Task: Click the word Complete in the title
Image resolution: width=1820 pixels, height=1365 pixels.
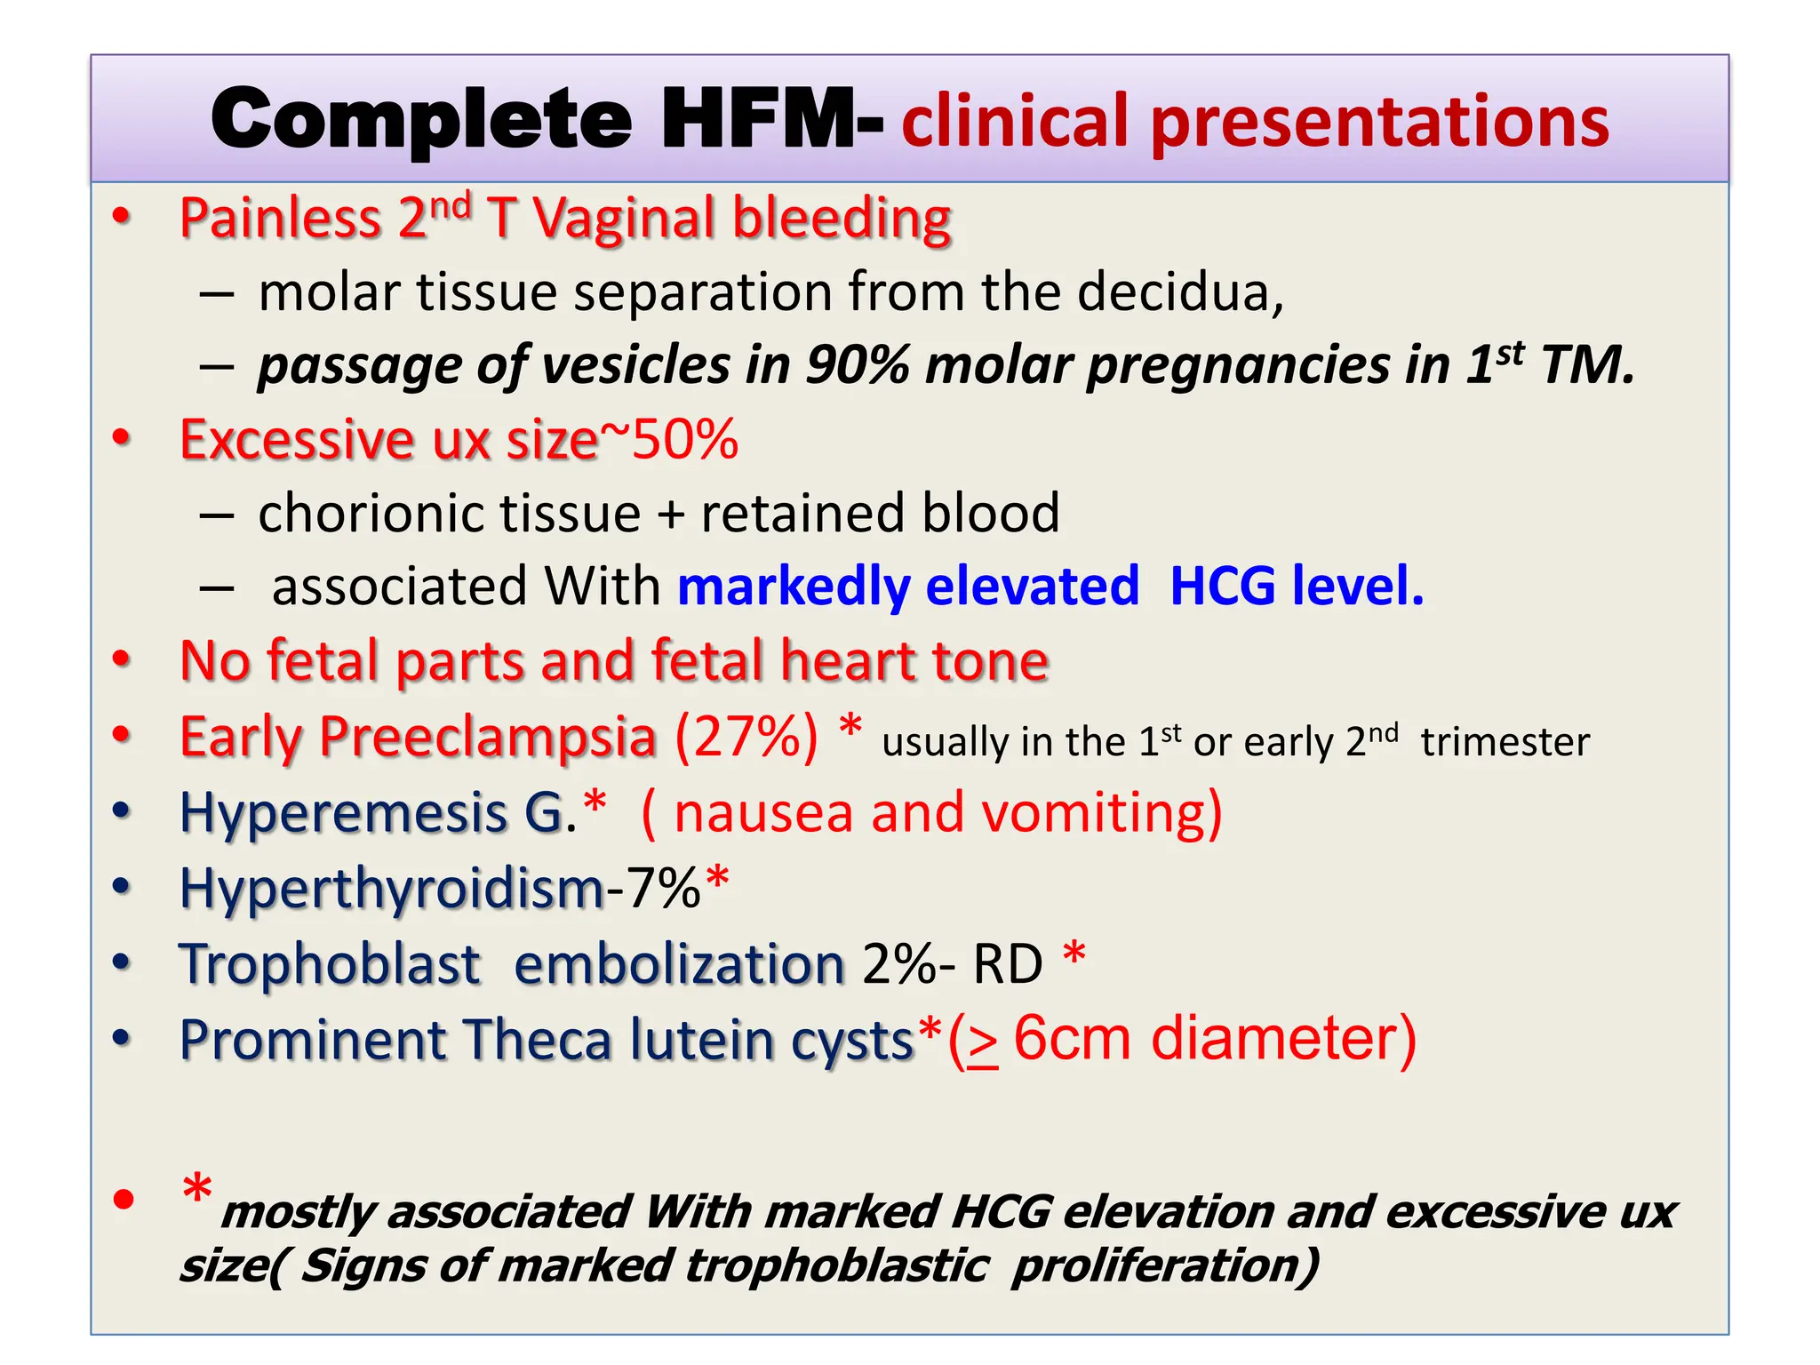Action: [x=421, y=120]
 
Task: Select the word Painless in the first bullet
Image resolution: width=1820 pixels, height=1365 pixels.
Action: [x=281, y=219]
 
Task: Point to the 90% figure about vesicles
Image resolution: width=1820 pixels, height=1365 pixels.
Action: [x=857, y=365]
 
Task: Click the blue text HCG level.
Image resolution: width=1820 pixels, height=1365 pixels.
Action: [x=1297, y=587]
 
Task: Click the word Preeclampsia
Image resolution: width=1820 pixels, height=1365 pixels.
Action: [x=487, y=738]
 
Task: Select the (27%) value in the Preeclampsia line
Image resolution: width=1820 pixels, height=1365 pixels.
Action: [x=746, y=737]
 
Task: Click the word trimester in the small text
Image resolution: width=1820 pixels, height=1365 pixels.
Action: [x=1505, y=743]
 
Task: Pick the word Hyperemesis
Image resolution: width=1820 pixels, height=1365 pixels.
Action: [x=343, y=814]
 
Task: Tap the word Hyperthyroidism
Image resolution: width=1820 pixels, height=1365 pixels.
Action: [x=392, y=890]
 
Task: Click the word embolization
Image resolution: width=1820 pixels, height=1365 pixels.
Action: [x=679, y=965]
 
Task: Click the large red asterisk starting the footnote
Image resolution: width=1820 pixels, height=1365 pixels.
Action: [x=196, y=1189]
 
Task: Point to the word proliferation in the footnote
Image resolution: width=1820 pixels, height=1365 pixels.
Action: [x=1165, y=1265]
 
